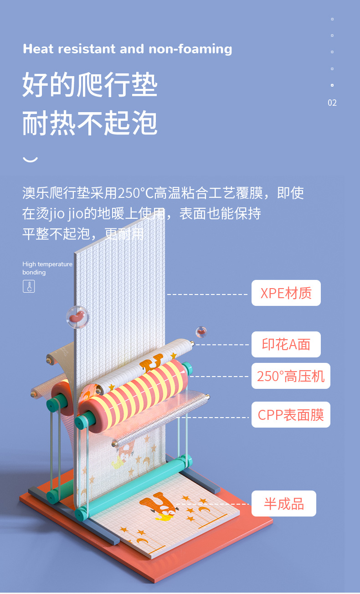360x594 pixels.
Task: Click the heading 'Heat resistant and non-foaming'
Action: pos(127,49)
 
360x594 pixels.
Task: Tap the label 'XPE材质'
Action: pos(286,293)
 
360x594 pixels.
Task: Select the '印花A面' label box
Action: pos(286,344)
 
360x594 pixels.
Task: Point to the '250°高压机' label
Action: pos(291,376)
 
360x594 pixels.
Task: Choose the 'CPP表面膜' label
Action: pos(291,415)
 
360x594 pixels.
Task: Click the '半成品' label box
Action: pos(283,504)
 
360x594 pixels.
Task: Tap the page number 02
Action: pos(332,103)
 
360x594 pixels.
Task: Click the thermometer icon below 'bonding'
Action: pos(29,287)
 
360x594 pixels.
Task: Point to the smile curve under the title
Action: pos(30,160)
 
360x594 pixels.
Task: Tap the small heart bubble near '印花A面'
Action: pos(201,331)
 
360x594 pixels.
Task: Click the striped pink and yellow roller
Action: pos(137,392)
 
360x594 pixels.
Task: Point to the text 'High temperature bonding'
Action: pos(47,268)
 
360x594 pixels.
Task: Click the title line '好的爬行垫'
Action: pos(90,85)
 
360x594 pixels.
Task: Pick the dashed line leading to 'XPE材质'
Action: pos(207,294)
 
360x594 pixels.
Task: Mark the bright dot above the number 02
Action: pos(332,85)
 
